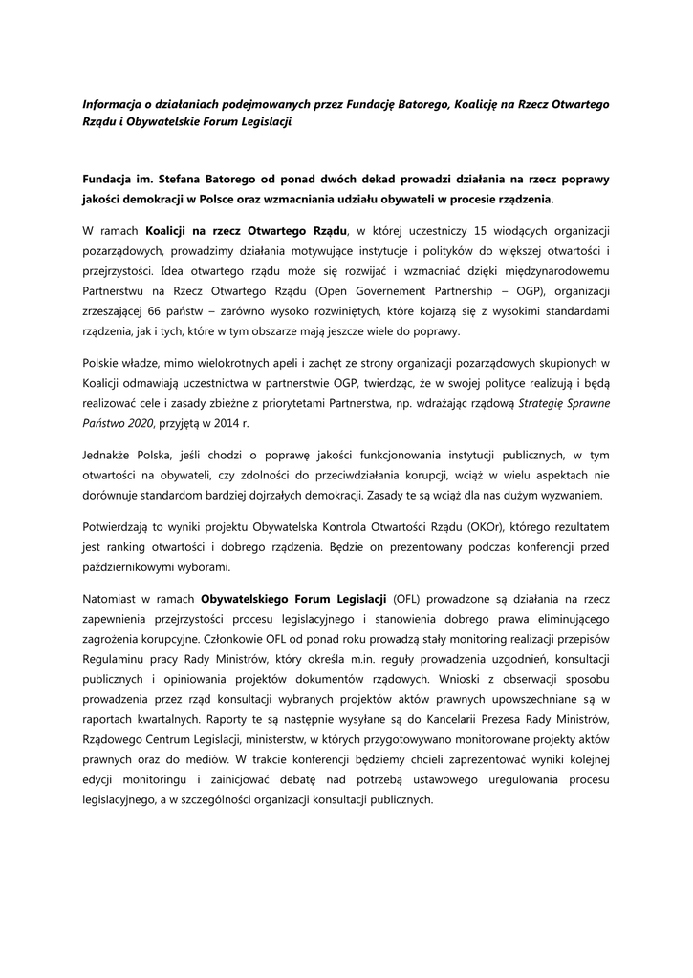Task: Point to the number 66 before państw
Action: pos(158,311)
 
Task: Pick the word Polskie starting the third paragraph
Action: pos(103,363)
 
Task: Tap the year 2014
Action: pos(239,423)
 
